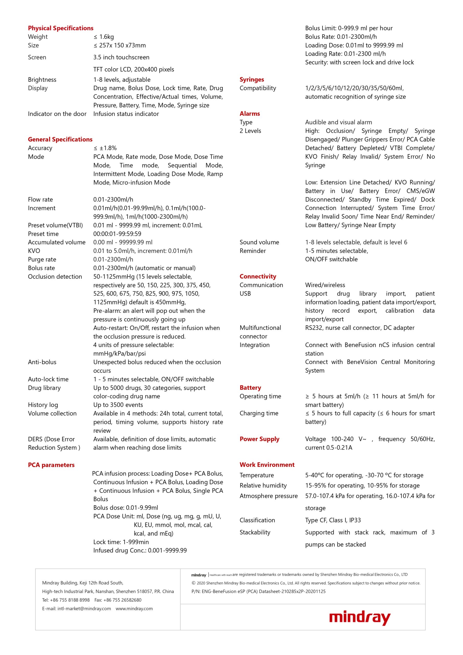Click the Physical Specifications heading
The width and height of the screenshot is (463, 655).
click(60, 28)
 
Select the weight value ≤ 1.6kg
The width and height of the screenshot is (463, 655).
click(104, 37)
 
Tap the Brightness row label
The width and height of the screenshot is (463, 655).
click(42, 80)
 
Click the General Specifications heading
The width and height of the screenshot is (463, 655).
click(60, 139)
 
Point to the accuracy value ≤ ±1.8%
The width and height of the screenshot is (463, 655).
click(105, 148)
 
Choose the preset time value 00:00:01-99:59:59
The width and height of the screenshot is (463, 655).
click(117, 234)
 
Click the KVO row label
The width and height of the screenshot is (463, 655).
click(34, 251)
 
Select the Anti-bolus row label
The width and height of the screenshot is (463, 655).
click(42, 362)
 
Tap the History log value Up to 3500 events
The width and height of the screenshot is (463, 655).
click(118, 405)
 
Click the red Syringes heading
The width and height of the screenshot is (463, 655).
click(252, 79)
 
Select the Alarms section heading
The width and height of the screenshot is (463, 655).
click(250, 114)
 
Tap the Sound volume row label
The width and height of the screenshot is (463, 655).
click(259, 242)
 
